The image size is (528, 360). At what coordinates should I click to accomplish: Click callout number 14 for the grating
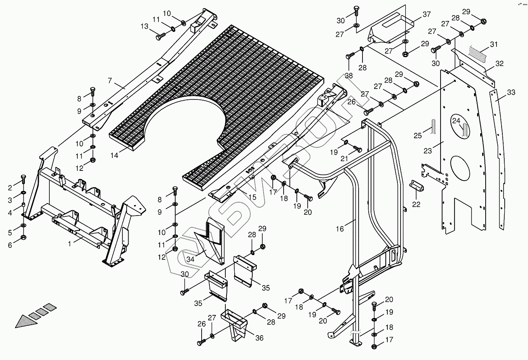point(114,155)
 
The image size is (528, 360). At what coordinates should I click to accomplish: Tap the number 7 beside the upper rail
point(110,81)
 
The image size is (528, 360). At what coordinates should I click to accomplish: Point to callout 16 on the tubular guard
point(340,229)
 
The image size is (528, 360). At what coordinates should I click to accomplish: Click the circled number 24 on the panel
point(456,121)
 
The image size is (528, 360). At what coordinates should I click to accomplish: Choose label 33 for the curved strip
point(511,92)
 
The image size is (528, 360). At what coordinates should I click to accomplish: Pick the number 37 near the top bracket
point(427,14)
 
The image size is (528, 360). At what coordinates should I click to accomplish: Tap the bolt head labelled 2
point(23,179)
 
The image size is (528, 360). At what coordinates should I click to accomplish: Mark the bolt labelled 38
point(349,57)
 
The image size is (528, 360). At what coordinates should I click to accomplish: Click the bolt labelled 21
point(357,149)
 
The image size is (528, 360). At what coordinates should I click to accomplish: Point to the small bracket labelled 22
point(417,185)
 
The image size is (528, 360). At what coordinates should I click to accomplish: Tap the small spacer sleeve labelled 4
point(23,205)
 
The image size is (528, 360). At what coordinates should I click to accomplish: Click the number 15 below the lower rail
point(253,197)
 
